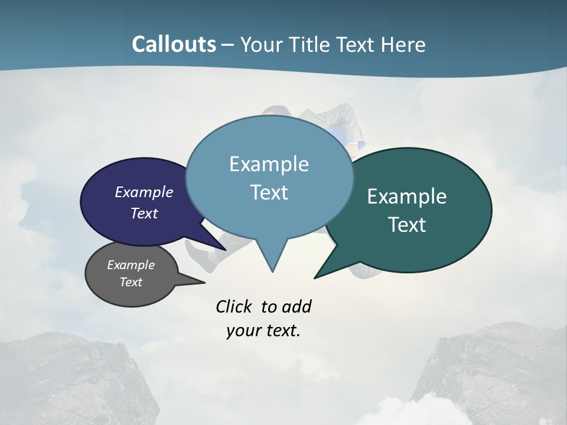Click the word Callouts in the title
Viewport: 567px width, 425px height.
click(x=174, y=44)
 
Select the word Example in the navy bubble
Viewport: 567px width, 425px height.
click(x=144, y=192)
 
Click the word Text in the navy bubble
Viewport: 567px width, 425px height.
click(x=144, y=213)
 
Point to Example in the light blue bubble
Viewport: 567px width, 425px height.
click(x=269, y=164)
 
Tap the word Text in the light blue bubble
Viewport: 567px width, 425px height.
click(x=269, y=192)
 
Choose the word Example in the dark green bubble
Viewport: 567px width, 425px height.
click(x=406, y=197)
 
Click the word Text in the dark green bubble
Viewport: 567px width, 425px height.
click(x=406, y=225)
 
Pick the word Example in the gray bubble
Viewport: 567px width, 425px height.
click(x=131, y=265)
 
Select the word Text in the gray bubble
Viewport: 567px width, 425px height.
click(x=131, y=282)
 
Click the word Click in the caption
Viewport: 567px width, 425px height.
click(x=233, y=307)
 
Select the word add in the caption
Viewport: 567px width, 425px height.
click(x=296, y=307)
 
